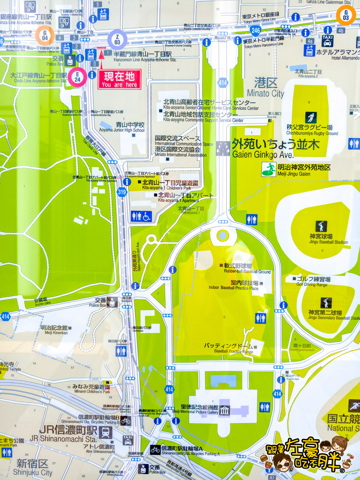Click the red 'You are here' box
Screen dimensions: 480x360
120,79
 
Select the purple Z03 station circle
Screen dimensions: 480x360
117,39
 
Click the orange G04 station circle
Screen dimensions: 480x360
45,35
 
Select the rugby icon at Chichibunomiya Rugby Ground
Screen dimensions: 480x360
311,117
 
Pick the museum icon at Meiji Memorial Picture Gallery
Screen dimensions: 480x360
224,410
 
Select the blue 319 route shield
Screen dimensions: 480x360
122,192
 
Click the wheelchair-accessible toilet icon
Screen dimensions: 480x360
146,216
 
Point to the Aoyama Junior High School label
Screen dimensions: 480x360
122,130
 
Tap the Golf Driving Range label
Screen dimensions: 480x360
312,284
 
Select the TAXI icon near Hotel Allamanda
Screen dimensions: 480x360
327,40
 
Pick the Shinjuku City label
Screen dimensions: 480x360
34,472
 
